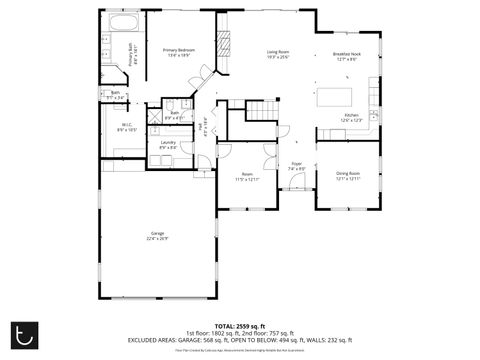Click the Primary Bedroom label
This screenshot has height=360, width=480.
[x=179, y=50]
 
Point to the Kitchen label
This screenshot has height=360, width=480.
[x=351, y=115]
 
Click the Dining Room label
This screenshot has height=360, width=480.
[x=348, y=173]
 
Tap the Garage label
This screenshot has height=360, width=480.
[x=157, y=233]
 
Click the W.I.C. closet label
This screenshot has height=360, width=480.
[x=127, y=125]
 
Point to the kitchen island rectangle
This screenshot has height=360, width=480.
[x=336, y=97]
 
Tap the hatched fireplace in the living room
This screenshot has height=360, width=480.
[x=225, y=43]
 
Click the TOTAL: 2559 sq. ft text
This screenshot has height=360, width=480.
[x=240, y=326]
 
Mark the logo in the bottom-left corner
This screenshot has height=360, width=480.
[x=26, y=333]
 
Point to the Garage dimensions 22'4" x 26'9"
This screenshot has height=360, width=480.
[x=157, y=239]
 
